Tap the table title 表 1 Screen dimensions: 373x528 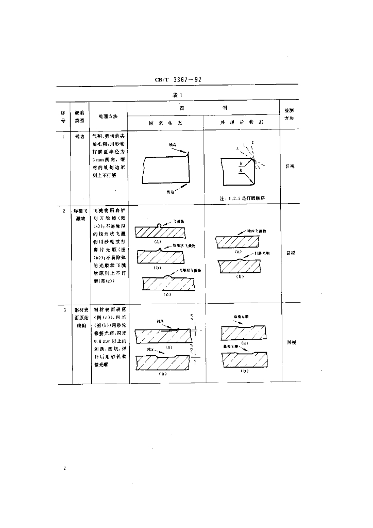pos(177,95)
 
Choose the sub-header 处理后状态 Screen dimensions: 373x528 pos(242,123)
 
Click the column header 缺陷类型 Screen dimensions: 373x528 pos(80,116)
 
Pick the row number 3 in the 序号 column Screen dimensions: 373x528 pos(64,310)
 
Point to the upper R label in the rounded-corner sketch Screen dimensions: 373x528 pos(242,163)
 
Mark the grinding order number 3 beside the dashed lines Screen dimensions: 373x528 pos(238,148)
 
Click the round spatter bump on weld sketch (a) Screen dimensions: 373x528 pos(159,225)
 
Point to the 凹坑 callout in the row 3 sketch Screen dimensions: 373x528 pos(150,349)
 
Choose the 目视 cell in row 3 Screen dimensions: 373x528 pos(290,342)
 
